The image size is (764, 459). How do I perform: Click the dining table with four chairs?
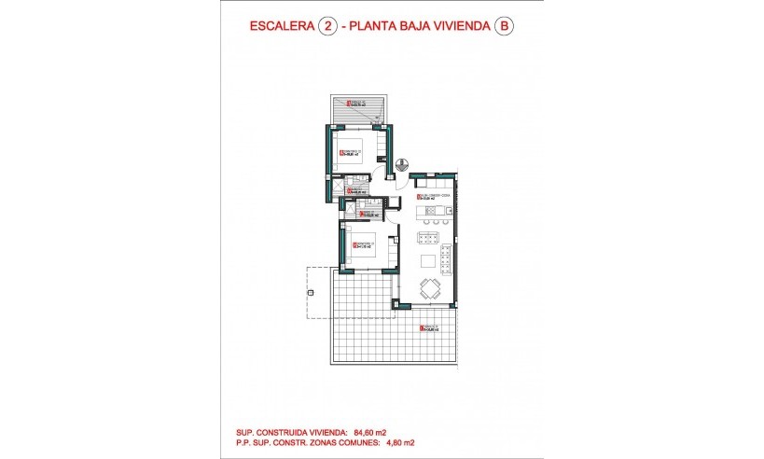coord(431,288)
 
